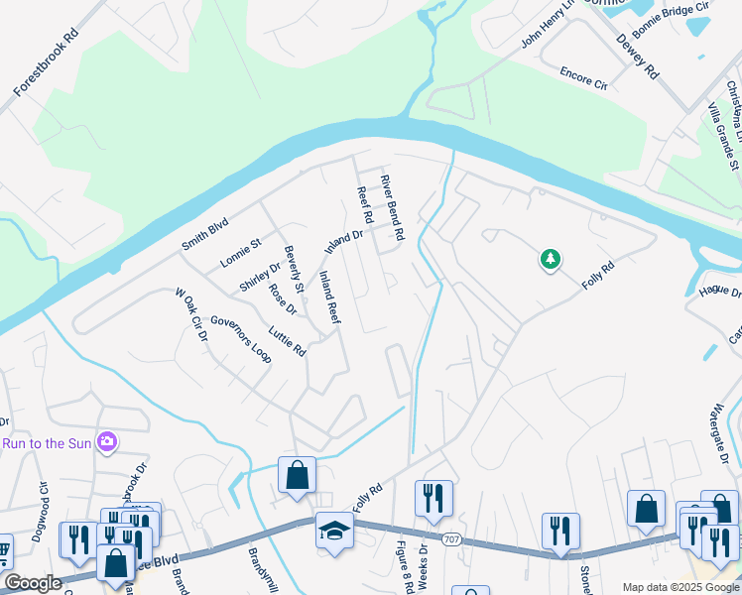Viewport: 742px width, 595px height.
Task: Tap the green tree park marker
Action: click(550, 260)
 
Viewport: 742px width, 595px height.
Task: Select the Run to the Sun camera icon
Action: click(106, 443)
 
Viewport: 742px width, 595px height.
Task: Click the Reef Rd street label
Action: click(364, 203)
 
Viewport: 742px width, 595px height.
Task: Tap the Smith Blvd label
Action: click(204, 234)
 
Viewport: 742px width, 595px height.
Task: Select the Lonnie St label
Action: click(240, 253)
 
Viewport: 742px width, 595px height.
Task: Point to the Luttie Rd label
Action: click(287, 337)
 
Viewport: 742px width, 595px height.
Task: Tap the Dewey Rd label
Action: click(637, 56)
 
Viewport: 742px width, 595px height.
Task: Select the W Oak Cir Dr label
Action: click(190, 315)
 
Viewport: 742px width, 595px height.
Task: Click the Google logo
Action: click(32, 583)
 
